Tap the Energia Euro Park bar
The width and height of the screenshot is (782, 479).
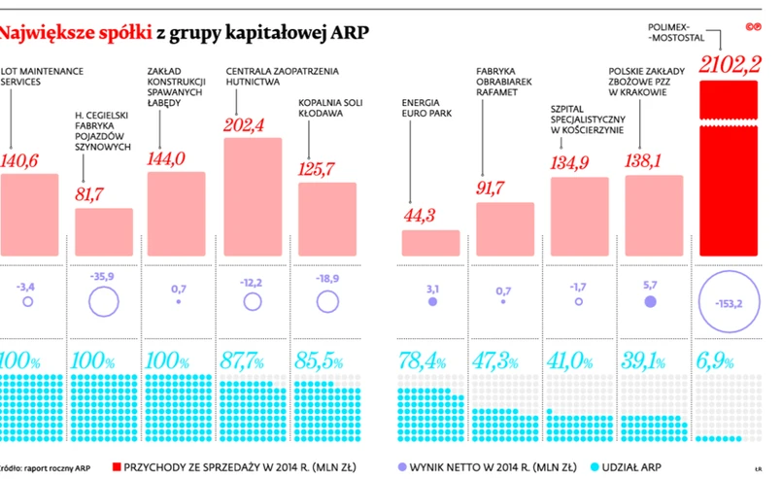[x=430, y=243]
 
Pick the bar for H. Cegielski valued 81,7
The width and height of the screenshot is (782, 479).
[x=104, y=232]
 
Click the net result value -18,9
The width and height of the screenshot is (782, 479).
[x=327, y=278]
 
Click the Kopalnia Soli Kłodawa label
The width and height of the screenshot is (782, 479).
[x=326, y=107]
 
